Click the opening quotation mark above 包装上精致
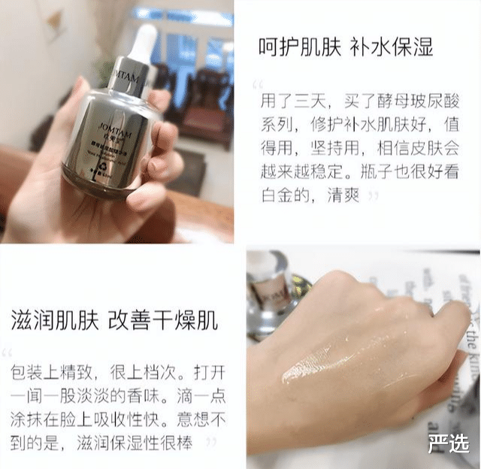(8, 353)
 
